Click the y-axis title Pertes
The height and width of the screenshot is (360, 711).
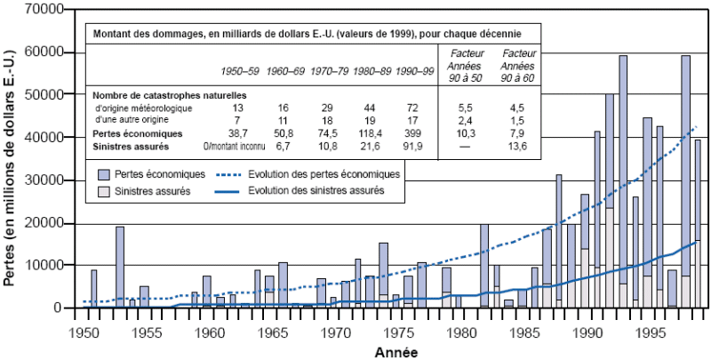11,169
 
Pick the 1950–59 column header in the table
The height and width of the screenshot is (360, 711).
242,70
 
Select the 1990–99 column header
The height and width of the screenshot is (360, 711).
415,70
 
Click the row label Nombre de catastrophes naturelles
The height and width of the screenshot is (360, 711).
168,94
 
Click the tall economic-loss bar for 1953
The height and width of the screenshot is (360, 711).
119,267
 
